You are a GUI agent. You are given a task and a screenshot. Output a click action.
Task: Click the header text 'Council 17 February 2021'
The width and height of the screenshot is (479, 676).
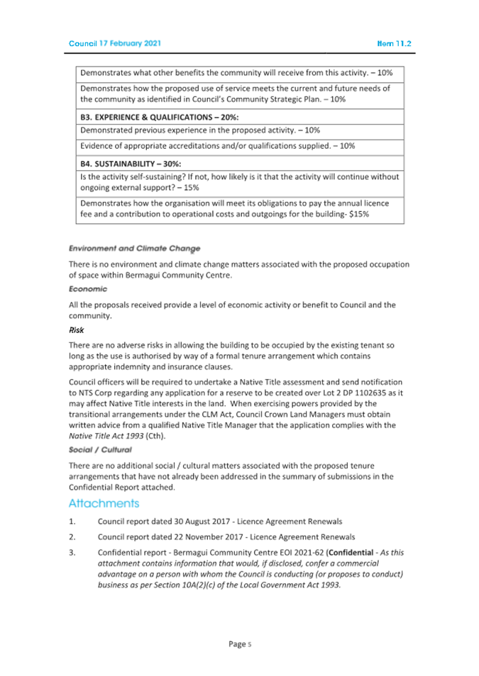(x=115, y=43)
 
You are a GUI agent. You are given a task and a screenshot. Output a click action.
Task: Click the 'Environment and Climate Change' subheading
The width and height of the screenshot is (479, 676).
(x=134, y=249)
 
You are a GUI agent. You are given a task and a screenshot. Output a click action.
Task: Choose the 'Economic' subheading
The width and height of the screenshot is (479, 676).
(x=87, y=289)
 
